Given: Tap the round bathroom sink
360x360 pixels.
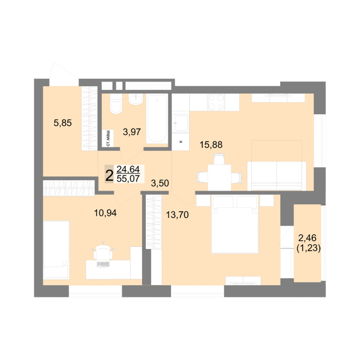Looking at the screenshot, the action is tap(136, 99).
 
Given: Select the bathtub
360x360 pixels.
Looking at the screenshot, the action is tap(157, 119).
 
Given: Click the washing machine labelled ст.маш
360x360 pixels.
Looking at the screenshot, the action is tap(108, 138).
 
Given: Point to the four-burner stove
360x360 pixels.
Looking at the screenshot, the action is tap(216, 102).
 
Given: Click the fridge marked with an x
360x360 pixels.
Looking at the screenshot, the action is tap(180, 142).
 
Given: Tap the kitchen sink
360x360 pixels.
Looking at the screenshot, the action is tap(180, 122).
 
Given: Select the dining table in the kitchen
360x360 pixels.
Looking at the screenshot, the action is tap(219, 177).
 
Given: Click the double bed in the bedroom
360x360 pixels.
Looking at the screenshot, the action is tap(235, 225).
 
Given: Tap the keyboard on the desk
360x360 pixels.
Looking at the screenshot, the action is tap(103, 264).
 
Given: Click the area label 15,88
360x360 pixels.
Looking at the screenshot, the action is tap(211, 145).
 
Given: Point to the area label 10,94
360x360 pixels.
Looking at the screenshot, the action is tap(105, 213).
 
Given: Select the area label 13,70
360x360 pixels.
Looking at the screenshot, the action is tap(177, 215).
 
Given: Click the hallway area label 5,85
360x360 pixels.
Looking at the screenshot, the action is tap(63, 123).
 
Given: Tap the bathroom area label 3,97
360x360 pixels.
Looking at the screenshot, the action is tap(132, 132).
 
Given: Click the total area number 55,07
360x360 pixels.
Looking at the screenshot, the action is tap(128, 179).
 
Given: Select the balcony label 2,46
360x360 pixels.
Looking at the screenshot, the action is tap(307, 238).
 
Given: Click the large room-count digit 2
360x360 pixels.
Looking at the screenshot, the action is tap(109, 176).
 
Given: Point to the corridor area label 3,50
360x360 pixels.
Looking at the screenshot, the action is tap(160, 183).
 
